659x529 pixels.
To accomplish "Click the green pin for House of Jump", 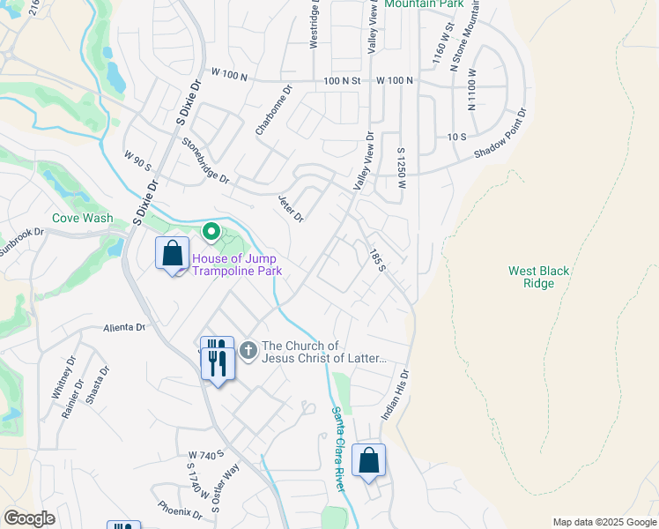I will [x=211, y=233].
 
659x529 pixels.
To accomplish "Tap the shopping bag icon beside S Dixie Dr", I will [x=172, y=254].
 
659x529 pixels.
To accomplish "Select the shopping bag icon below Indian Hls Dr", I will [x=368, y=461].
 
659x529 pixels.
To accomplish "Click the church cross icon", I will [x=248, y=351].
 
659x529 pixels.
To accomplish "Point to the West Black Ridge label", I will [x=537, y=278].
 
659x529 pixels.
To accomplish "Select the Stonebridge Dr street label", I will [x=205, y=160].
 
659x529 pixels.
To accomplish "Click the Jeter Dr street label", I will [x=291, y=209].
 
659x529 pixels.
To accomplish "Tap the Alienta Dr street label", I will [x=124, y=327].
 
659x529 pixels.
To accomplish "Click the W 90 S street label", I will [x=137, y=160].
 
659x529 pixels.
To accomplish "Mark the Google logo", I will [x=29, y=518].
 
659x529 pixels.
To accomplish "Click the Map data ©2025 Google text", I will [x=603, y=522].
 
